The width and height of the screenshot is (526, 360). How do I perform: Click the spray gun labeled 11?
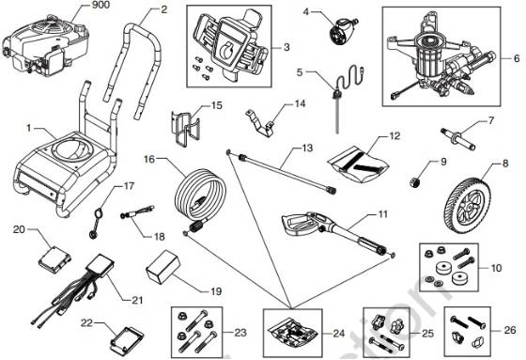324,227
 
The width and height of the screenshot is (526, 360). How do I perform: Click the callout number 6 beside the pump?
516,59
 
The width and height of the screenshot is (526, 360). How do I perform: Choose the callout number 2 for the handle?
163,10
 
